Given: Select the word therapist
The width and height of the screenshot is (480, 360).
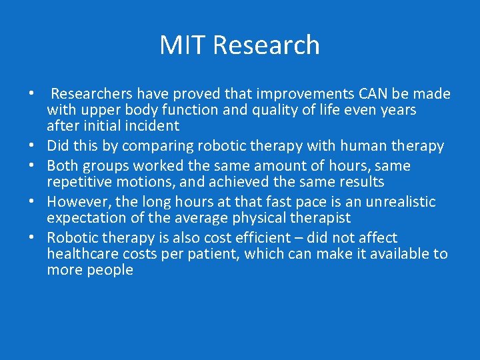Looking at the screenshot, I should point(316,218).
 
